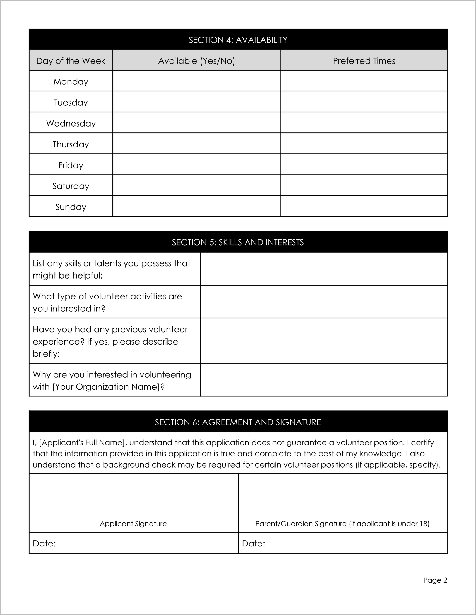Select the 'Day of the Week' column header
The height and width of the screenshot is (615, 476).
pos(71,61)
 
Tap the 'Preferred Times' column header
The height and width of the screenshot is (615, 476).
pos(364,61)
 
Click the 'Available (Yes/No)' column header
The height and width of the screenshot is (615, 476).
pos(196,61)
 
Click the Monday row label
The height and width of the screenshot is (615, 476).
pos(71,82)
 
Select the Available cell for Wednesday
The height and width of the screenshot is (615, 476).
pos(196,123)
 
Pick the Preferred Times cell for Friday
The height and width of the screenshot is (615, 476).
pos(364,164)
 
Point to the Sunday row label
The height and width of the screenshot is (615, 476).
pos(71,207)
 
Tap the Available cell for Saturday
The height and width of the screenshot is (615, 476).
pos(196,185)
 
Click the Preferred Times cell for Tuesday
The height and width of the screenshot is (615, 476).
pos(364,102)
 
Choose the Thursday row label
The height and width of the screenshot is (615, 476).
pos(71,144)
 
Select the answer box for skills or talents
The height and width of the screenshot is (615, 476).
pos(324,269)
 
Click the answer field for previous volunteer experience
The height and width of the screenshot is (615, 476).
pos(324,341)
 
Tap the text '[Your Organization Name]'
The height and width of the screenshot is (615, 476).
pos(106,387)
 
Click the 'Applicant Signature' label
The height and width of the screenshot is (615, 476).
pos(133,524)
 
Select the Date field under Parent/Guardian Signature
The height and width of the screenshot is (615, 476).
pos(355,543)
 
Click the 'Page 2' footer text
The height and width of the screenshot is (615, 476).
pos(435,580)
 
